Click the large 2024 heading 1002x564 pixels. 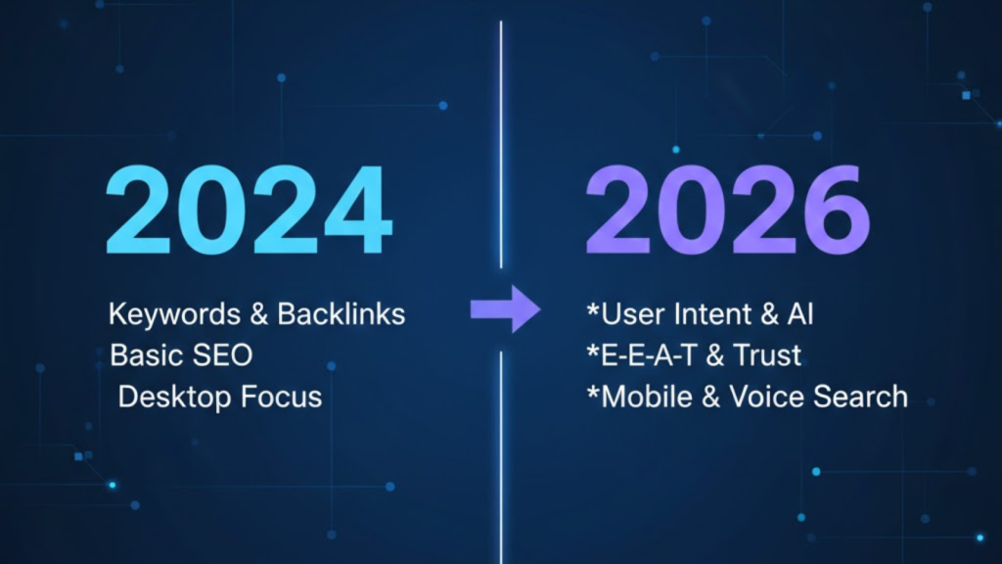[249, 211]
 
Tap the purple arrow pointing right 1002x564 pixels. [505, 310]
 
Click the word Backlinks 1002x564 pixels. [342, 314]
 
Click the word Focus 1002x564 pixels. [282, 397]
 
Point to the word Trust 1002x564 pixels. [766, 355]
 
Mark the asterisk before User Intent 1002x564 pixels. [592, 310]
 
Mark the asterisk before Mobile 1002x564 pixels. [592, 393]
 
